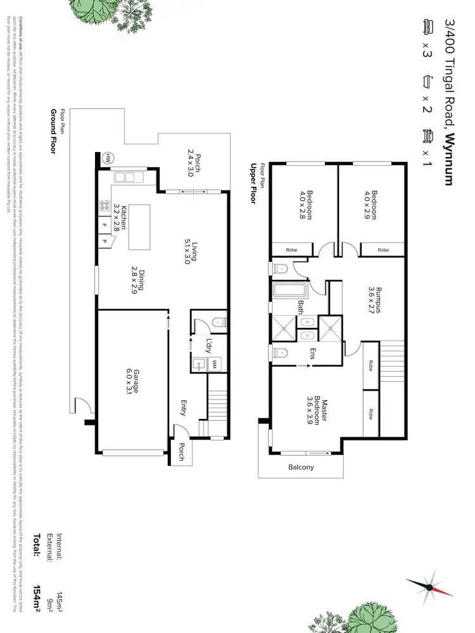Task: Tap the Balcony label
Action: coord(301,468)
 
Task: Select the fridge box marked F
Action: coord(104,225)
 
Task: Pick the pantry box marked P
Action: coord(104,241)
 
